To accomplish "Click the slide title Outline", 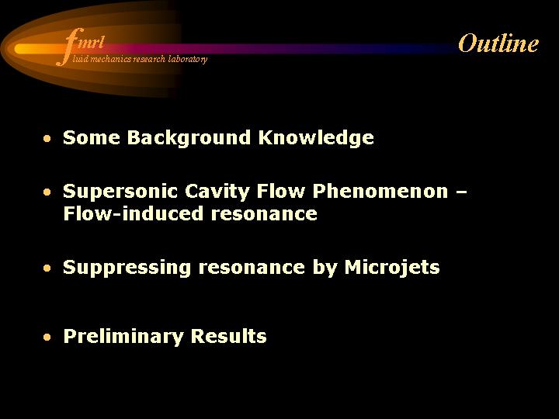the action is pos(498,43).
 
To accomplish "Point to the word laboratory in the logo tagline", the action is pos(188,59).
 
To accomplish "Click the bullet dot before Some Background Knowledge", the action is pos(47,138).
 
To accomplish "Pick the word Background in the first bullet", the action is pos(189,138).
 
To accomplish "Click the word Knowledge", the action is pos(316,138).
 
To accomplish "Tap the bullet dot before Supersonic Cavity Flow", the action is pos(47,192).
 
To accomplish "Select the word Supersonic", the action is pos(120,192).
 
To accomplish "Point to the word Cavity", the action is pos(217,192).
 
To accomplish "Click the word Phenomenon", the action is pos(380,191).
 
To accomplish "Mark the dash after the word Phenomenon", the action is pos(461,192).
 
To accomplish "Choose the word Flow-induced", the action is pos(134,213).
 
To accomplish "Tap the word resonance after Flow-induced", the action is pos(264,215).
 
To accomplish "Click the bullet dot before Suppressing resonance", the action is pos(47,268).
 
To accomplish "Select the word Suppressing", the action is pos(127,268).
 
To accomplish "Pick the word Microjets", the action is pos(392,268).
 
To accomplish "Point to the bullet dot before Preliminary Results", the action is pos(47,337).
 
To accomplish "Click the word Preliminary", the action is pos(123,337).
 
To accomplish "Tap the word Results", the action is pos(229,336).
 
